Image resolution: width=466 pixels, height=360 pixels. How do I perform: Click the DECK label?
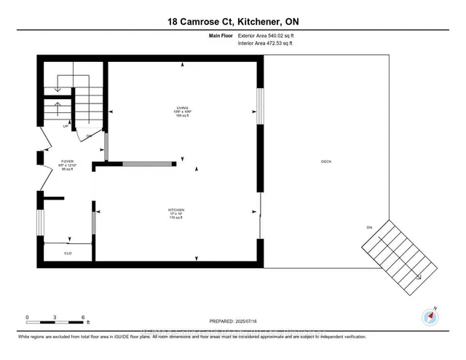pos(325,162)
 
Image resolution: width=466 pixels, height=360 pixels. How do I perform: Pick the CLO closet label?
pos(68,254)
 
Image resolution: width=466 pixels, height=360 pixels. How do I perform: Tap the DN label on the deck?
pos(368,228)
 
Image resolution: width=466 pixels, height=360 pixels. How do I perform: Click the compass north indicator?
pos(430,316)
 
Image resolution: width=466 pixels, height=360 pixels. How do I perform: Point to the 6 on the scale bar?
pos(84,317)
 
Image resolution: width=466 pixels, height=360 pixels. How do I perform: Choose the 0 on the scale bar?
pos(27,317)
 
